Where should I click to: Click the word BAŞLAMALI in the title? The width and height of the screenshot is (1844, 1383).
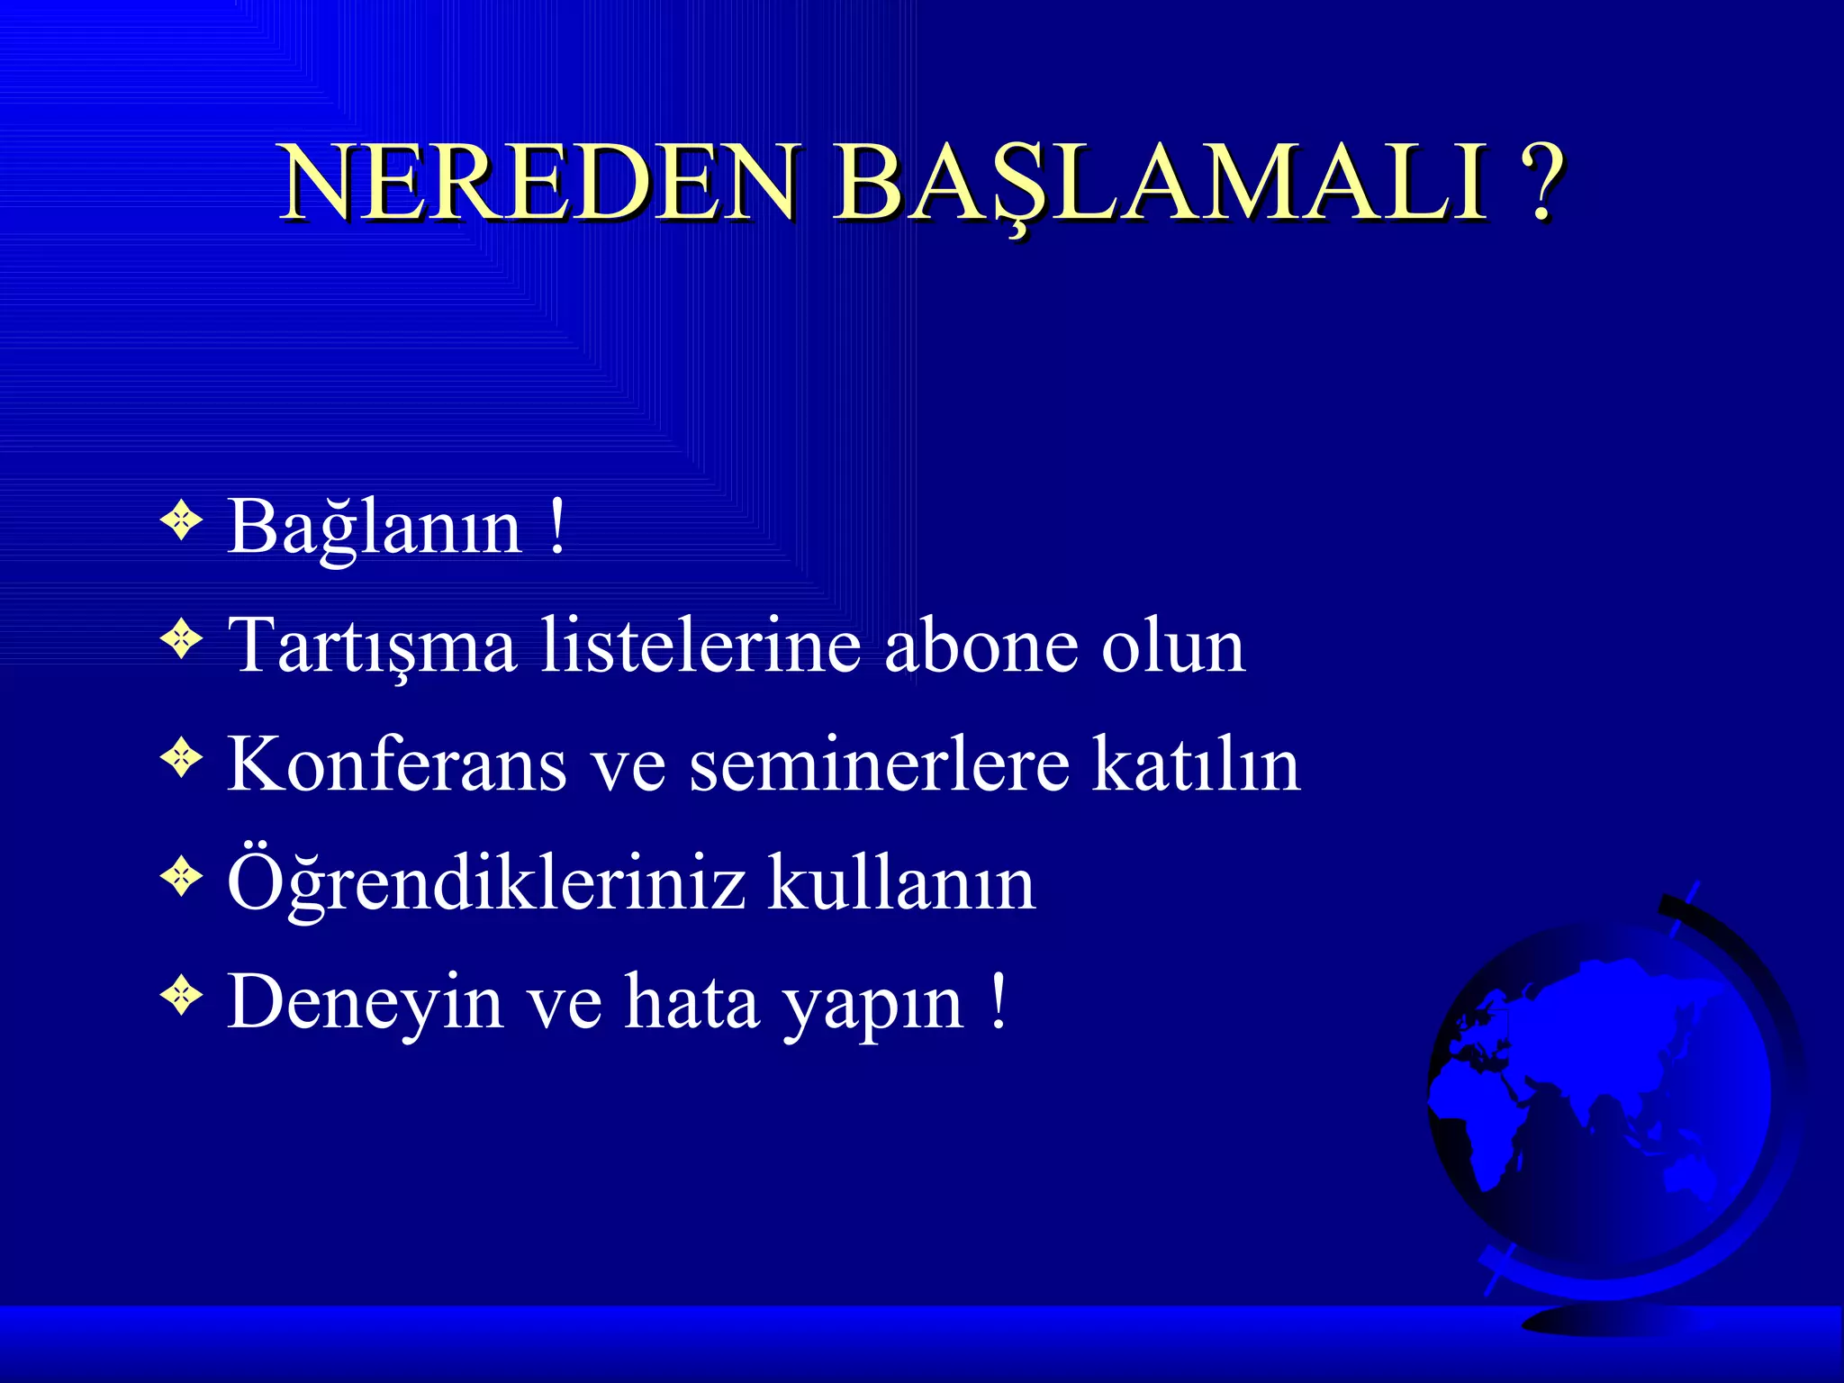[1160, 183]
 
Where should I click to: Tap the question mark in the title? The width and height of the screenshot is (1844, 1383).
[1541, 183]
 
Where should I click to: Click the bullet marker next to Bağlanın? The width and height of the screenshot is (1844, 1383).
[182, 521]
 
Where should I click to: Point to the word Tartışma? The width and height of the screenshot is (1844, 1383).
[372, 646]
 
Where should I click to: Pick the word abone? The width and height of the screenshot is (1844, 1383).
[981, 646]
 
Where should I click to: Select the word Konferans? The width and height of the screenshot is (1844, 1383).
[396, 764]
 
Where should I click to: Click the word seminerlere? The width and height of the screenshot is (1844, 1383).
[879, 764]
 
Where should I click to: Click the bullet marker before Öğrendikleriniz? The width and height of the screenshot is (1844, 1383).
[182, 876]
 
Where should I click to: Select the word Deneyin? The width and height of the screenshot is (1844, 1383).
[365, 1002]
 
